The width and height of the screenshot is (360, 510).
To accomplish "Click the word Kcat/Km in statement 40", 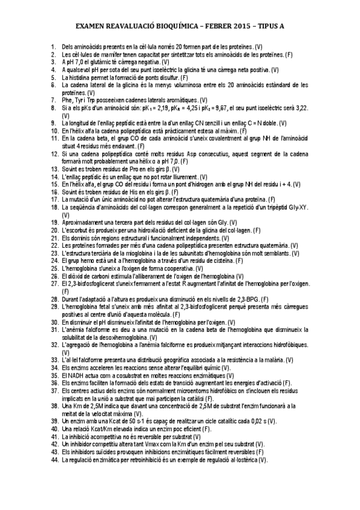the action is (99, 429).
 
